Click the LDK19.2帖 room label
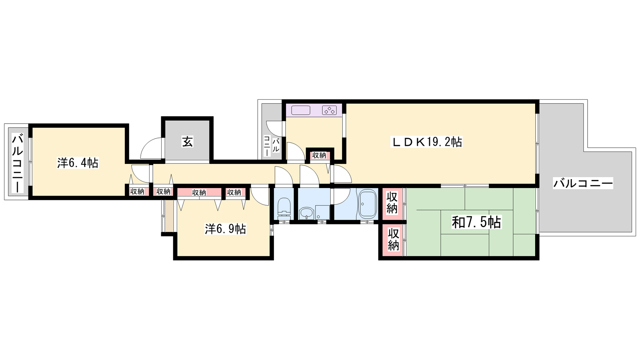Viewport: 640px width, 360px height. click(x=426, y=142)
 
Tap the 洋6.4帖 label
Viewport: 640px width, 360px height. click(x=78, y=163)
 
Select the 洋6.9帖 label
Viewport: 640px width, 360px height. click(x=226, y=229)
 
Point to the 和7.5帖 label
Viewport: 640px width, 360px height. click(x=476, y=222)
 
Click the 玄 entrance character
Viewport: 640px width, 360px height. click(x=188, y=142)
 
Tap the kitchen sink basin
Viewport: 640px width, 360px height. click(x=300, y=110)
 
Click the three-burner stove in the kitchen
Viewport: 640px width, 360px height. click(x=330, y=110)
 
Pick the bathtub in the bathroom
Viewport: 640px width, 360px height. click(x=367, y=203)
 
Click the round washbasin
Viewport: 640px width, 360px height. click(x=306, y=213)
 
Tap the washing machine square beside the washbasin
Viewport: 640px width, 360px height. click(x=322, y=212)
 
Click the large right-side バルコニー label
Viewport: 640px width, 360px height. click(x=583, y=183)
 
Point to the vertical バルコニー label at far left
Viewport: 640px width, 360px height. click(x=18, y=164)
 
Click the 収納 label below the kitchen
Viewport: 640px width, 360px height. click(x=319, y=156)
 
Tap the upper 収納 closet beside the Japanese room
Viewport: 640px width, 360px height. click(x=392, y=203)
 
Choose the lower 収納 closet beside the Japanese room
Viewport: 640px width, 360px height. click(x=393, y=240)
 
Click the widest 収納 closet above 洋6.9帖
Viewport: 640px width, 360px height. click(x=199, y=192)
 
